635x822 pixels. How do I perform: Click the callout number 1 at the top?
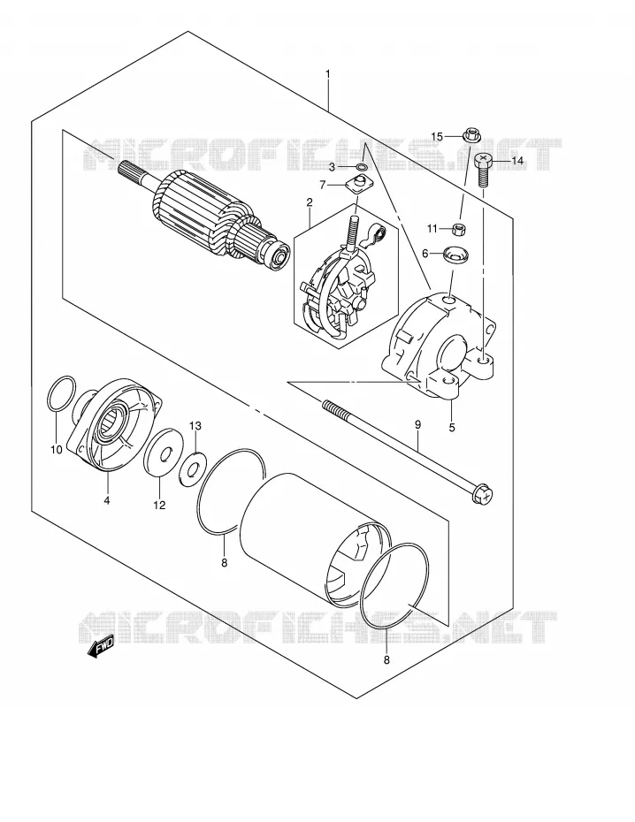pos(328,74)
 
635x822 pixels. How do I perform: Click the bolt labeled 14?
pos(482,171)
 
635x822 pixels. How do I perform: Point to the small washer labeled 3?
pos(362,167)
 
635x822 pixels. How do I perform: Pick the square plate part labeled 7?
pos(357,186)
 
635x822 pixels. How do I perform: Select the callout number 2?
pos(310,202)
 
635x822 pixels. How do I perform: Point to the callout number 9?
pos(417,424)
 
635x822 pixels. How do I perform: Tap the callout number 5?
pos(451,427)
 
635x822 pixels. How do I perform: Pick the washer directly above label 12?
pos(162,453)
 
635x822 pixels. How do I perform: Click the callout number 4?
pos(106,500)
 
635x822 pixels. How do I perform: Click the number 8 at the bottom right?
pos(386,660)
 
